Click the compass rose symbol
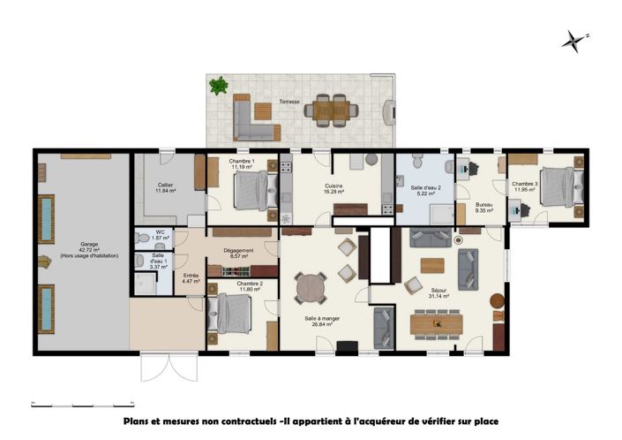tap(574, 40)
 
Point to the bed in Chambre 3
tap(560, 187)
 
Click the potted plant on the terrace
tap(218, 86)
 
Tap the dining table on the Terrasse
tap(333, 110)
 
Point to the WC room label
tap(160, 235)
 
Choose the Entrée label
tap(191, 277)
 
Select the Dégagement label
tap(239, 252)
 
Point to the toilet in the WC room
tap(143, 239)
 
